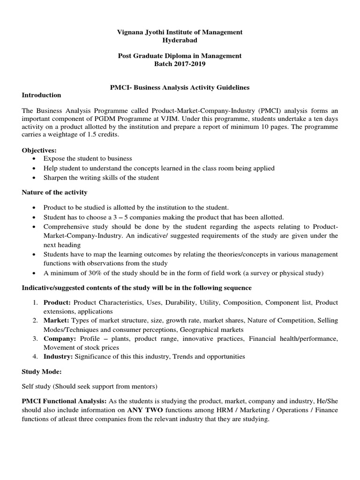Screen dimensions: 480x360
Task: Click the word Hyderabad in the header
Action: click(180, 40)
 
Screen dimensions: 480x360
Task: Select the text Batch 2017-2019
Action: click(180, 64)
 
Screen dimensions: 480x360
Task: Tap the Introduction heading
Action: click(42, 95)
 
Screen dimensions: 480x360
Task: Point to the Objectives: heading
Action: click(39, 150)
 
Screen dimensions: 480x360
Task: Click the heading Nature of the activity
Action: click(54, 192)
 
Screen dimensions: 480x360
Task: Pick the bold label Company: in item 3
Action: click(60, 338)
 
